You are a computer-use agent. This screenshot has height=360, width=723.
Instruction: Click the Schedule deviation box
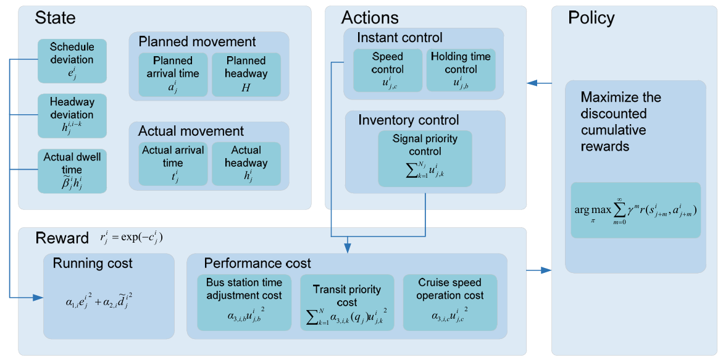pyautogui.click(x=72, y=61)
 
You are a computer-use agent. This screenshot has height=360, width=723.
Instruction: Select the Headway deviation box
pyautogui.click(x=72, y=115)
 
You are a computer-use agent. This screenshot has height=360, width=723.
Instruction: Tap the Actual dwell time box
pyautogui.click(x=72, y=170)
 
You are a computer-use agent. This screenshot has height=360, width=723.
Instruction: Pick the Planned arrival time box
pyautogui.click(x=173, y=74)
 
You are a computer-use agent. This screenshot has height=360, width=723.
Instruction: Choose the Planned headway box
pyautogui.click(x=246, y=74)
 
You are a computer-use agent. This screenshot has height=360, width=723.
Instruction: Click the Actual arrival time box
pyautogui.click(x=173, y=164)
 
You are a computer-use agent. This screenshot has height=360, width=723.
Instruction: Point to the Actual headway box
pyautogui.click(x=246, y=164)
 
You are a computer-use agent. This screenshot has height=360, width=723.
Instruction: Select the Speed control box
pyautogui.click(x=387, y=70)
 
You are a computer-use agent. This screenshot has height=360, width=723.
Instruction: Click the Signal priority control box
pyautogui.click(x=425, y=159)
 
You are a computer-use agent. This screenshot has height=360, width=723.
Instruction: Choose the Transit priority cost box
pyautogui.click(x=347, y=303)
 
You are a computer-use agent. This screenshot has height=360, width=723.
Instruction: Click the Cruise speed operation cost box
pyautogui.click(x=450, y=303)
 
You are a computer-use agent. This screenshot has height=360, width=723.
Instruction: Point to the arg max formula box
pyautogui.click(x=636, y=210)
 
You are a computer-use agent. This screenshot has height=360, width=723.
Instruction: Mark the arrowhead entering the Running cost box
pyautogui.click(x=39, y=298)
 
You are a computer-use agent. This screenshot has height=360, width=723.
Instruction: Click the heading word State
pyautogui.click(x=56, y=18)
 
